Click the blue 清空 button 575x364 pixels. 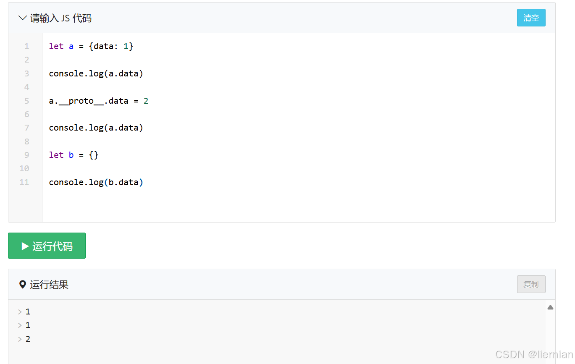click(531, 18)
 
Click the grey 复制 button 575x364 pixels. click(531, 284)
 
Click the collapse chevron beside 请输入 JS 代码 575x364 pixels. click(23, 18)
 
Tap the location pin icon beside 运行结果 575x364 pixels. click(23, 285)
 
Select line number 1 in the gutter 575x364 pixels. click(27, 46)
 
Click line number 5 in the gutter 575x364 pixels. click(27, 101)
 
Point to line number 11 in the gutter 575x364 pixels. click(24, 182)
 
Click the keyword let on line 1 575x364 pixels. click(56, 46)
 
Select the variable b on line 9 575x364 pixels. click(71, 155)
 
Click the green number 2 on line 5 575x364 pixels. click(146, 101)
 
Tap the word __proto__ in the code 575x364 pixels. click(81, 101)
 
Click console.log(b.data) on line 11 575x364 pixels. click(96, 182)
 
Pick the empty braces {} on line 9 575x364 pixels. click(94, 155)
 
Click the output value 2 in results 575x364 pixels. click(28, 339)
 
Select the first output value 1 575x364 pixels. click(28, 312)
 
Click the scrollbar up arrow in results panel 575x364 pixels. click(550, 307)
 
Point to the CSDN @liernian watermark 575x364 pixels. click(534, 354)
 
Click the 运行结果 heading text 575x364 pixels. click(49, 285)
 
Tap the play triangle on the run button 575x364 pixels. click(25, 246)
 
